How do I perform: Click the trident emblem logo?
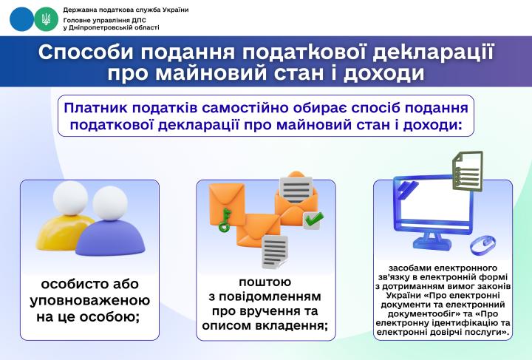pyautogui.click(x=46, y=19)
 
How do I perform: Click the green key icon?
pyautogui.click(x=222, y=220)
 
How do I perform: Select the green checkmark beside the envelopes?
pyautogui.click(x=313, y=219)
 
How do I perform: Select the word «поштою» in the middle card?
pyautogui.click(x=265, y=282)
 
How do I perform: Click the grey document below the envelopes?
pyautogui.click(x=274, y=252)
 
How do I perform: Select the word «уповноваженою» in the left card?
pyautogui.click(x=89, y=301)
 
